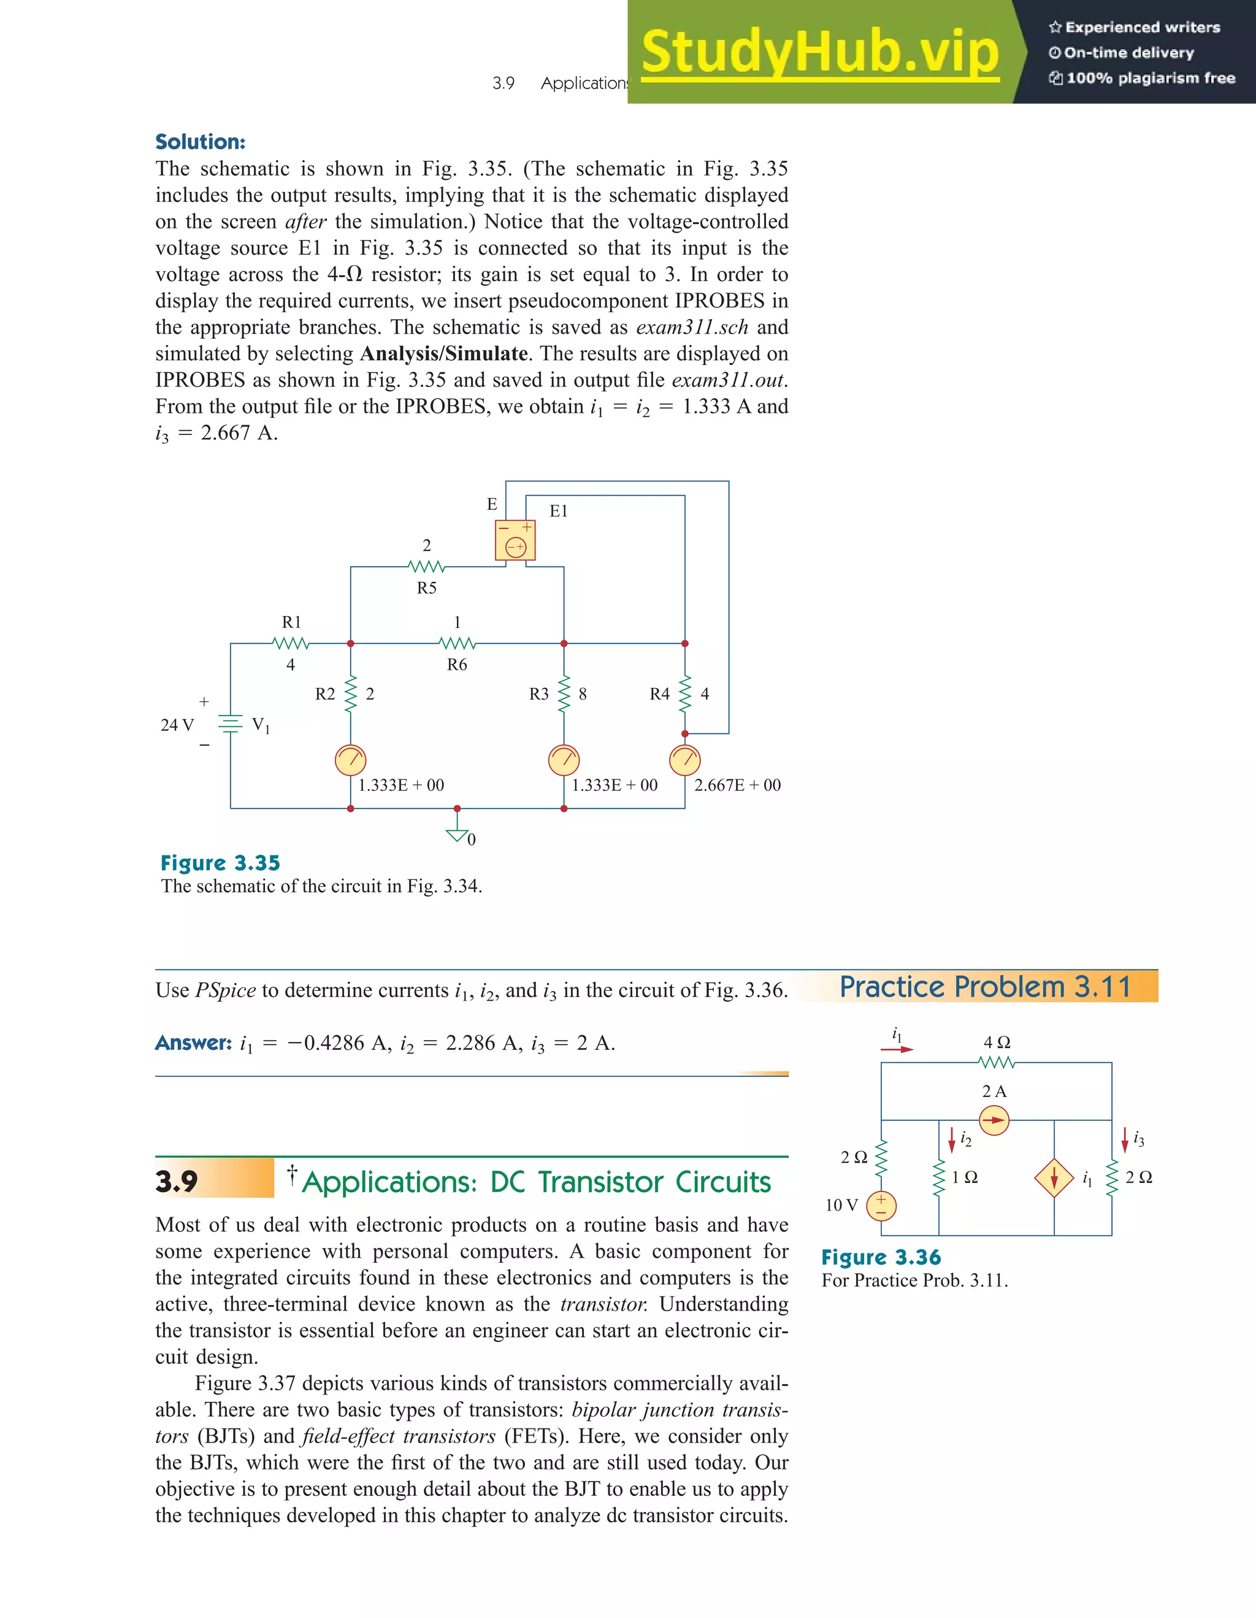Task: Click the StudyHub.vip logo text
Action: (820, 52)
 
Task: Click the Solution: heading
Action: (200, 142)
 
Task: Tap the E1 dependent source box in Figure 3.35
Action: (515, 540)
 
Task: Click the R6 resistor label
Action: (457, 665)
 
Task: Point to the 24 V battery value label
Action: (177, 725)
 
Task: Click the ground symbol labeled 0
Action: (458, 835)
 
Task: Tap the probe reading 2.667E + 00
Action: (737, 785)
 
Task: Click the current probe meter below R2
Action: (350, 760)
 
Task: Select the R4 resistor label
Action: (659, 694)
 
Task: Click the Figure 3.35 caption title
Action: (220, 863)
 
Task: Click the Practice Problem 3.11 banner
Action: (985, 987)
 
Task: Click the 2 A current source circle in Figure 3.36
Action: (994, 1120)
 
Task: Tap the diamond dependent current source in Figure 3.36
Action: (1054, 1178)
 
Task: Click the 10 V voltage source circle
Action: (881, 1205)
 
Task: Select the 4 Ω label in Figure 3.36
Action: (997, 1042)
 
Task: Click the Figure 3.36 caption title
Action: (881, 1257)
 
